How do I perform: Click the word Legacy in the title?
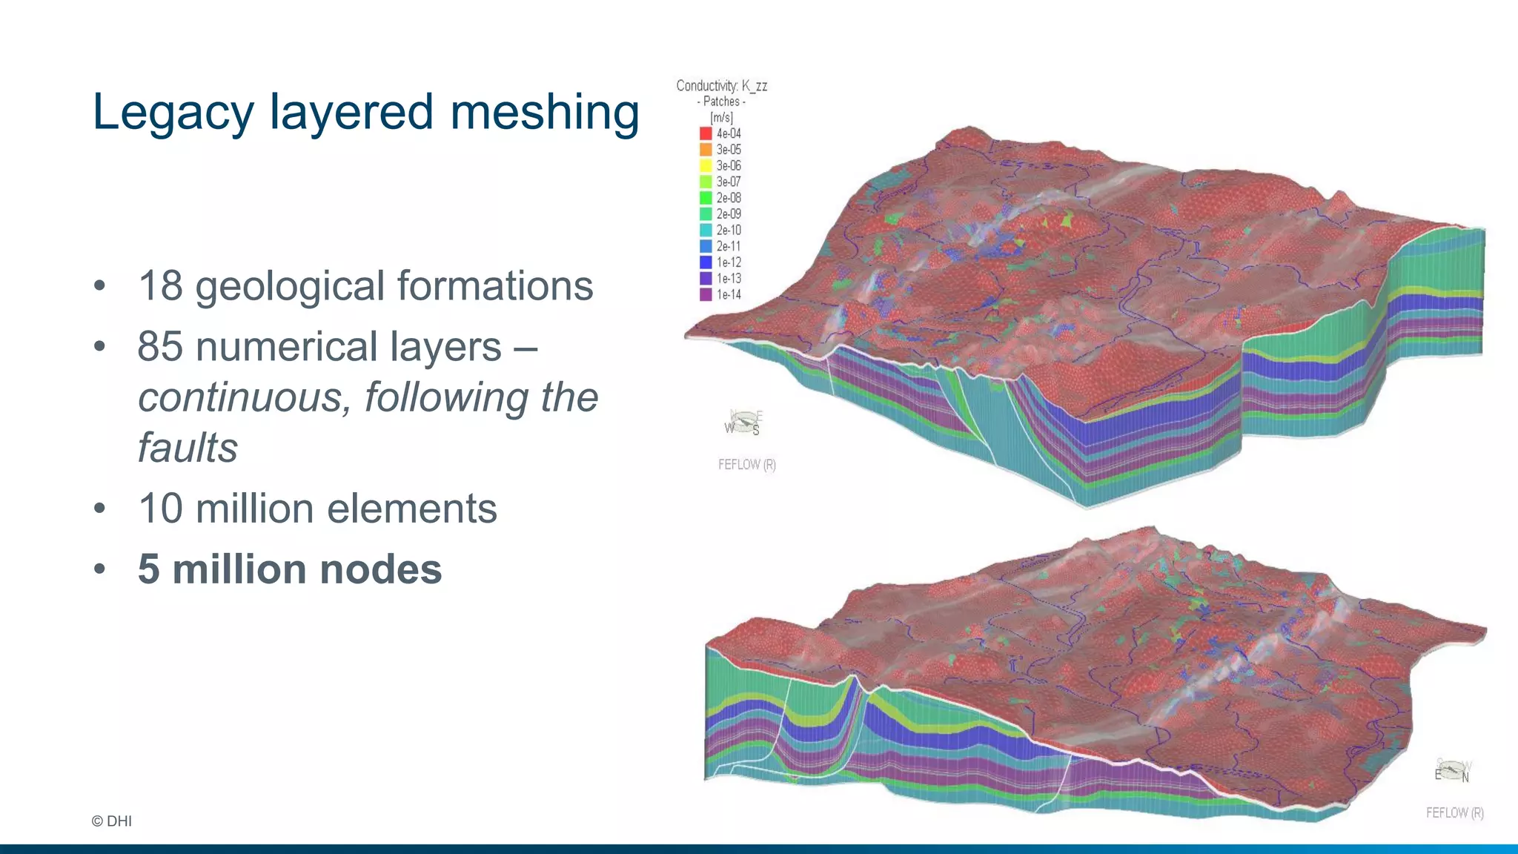(173, 113)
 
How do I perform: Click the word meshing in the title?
(545, 113)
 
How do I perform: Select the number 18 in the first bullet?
(160, 286)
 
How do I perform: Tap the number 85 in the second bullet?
(160, 347)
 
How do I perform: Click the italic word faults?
(188, 448)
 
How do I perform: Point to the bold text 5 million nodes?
(290, 569)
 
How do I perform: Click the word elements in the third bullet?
(412, 509)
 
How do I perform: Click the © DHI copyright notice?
(112, 821)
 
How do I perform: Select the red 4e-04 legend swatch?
(706, 133)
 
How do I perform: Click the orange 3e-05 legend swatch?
(706, 150)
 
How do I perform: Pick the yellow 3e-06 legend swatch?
(706, 166)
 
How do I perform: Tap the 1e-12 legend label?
(729, 262)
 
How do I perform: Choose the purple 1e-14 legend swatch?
(706, 294)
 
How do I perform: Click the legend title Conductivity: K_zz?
(721, 86)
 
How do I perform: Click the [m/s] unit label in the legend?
(721, 118)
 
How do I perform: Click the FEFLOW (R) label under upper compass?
(746, 465)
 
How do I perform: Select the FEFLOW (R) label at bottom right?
(1454, 813)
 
